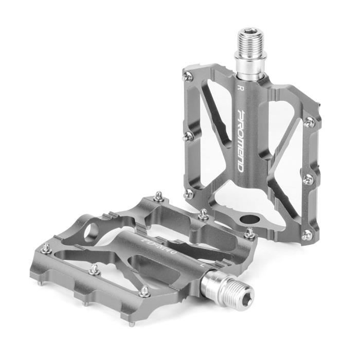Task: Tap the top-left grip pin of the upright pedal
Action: [x=189, y=76]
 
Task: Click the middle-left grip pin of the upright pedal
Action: [x=190, y=136]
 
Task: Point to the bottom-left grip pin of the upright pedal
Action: [x=189, y=194]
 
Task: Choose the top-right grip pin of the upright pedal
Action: [x=309, y=122]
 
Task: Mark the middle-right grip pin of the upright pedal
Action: [x=308, y=179]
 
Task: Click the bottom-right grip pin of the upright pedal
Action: [x=307, y=235]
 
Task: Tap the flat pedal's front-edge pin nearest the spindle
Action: [x=145, y=292]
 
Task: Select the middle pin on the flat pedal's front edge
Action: [x=94, y=269]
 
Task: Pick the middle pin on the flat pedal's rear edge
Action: [x=204, y=213]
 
